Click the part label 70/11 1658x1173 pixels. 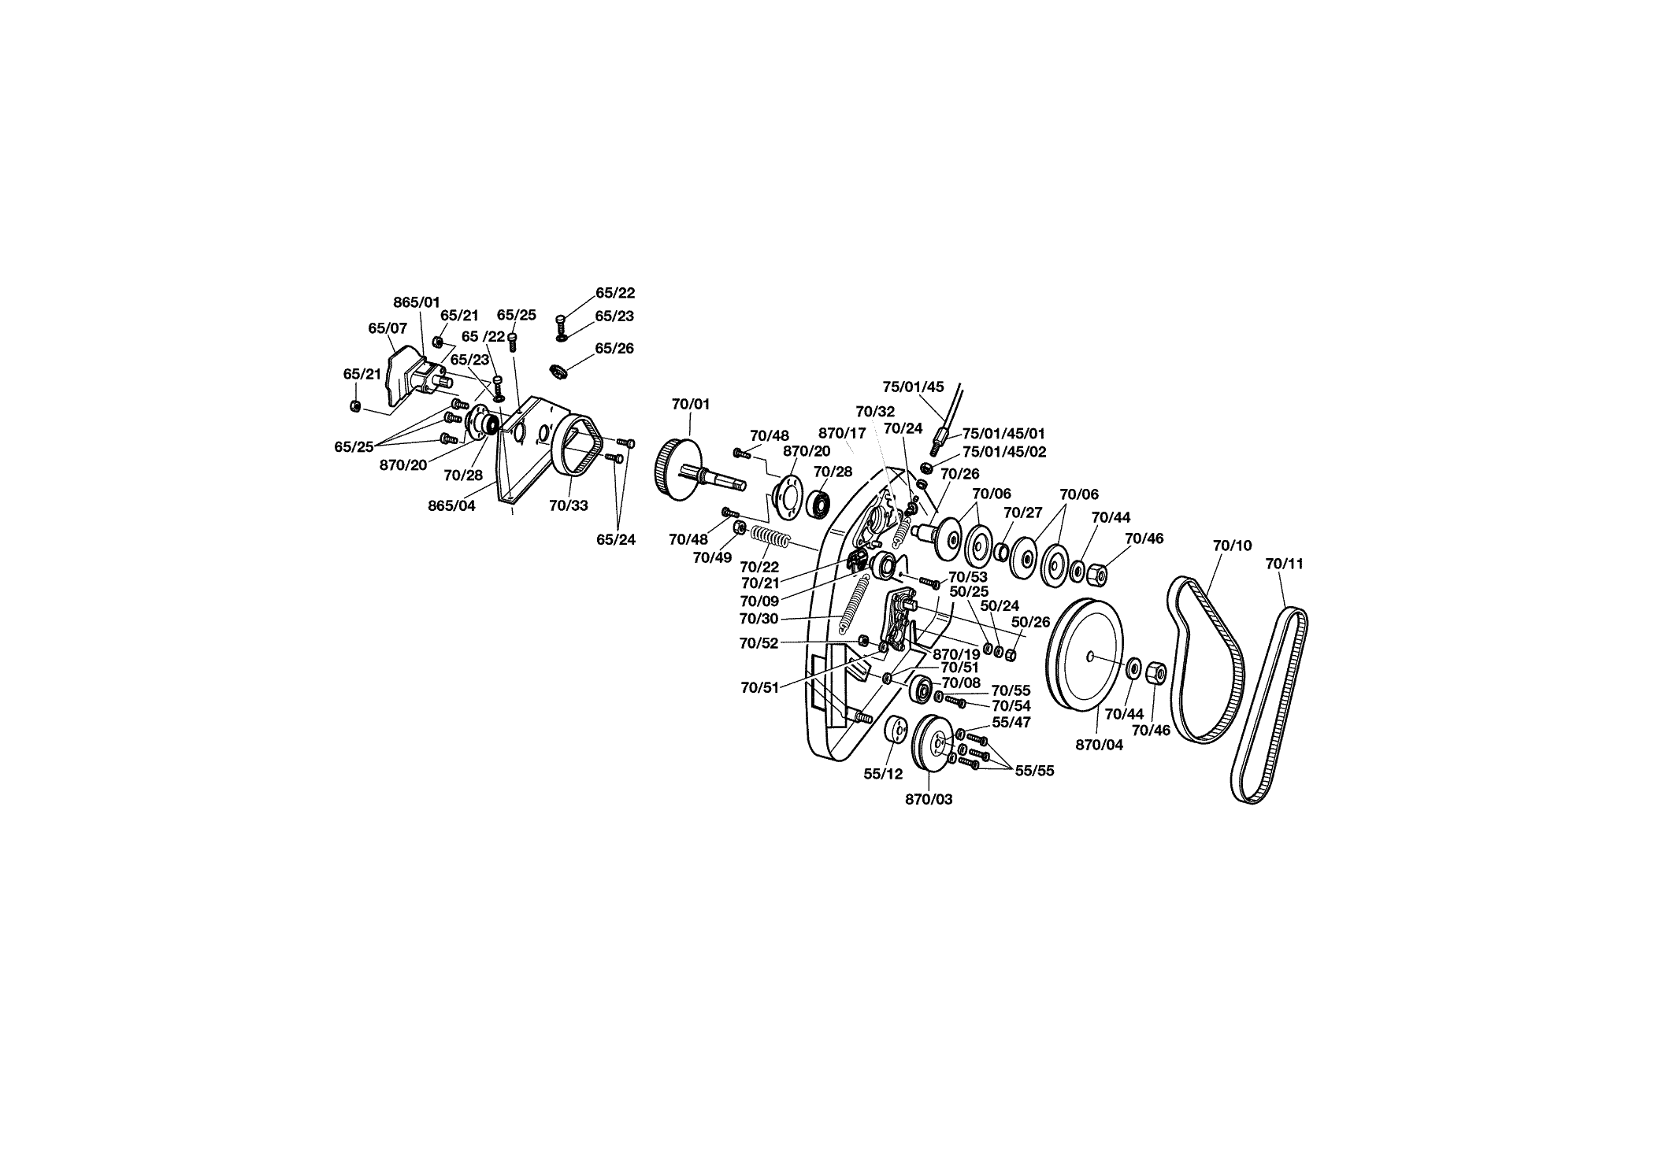1284,564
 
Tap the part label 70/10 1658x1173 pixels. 1232,545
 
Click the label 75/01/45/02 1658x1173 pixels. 1004,452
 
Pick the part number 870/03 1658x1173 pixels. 929,799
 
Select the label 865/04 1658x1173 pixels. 451,505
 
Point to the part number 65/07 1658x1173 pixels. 388,327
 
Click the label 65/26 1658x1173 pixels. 614,348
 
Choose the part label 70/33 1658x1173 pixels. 569,505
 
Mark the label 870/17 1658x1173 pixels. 842,433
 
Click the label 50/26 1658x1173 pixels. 1031,622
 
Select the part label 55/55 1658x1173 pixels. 1034,771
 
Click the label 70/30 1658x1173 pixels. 759,619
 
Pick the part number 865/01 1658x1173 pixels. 417,302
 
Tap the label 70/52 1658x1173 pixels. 759,643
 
